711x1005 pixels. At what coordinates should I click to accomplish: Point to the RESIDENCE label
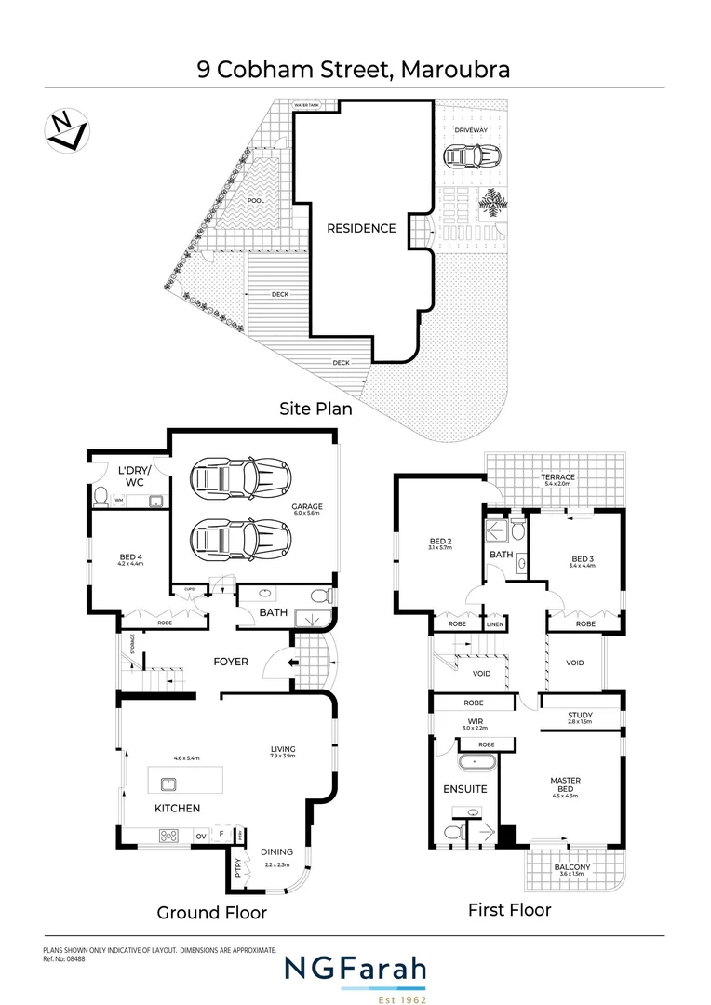click(360, 228)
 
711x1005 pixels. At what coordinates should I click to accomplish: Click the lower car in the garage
click(239, 537)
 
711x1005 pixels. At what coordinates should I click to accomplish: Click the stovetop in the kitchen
click(169, 836)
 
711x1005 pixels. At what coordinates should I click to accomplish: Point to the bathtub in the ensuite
click(476, 766)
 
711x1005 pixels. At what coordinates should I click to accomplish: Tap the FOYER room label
click(231, 662)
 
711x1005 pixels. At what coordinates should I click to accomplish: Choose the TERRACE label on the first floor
click(559, 477)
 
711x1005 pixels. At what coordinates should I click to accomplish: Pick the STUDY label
click(580, 715)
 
